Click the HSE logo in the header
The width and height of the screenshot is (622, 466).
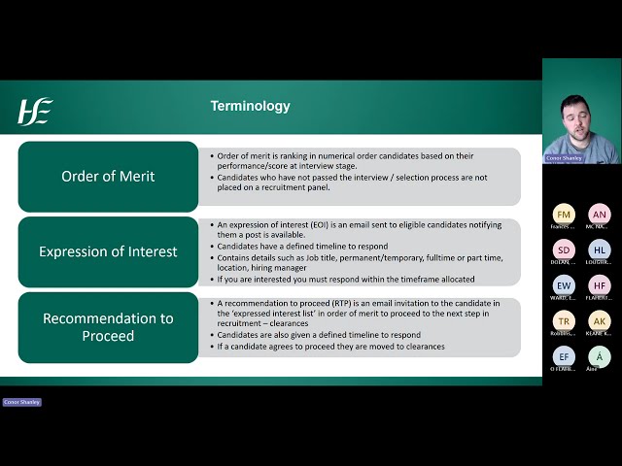point(35,111)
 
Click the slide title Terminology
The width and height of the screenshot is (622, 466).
point(250,106)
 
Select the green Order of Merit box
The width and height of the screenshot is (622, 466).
point(108,176)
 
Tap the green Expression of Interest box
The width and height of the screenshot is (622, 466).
point(108,251)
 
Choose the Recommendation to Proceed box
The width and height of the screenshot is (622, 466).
point(108,327)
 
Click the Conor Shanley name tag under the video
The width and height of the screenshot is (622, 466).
point(565,157)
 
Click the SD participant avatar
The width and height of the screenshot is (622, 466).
point(564,250)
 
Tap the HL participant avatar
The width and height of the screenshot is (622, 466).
point(600,250)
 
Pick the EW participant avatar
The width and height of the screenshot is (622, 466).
point(564,285)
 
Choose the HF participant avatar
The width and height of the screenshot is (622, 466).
point(600,285)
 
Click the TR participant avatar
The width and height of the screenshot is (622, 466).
point(564,321)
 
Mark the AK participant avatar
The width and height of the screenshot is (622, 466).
point(600,321)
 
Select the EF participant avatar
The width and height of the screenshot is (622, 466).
point(564,356)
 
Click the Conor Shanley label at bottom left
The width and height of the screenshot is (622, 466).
point(21,402)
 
